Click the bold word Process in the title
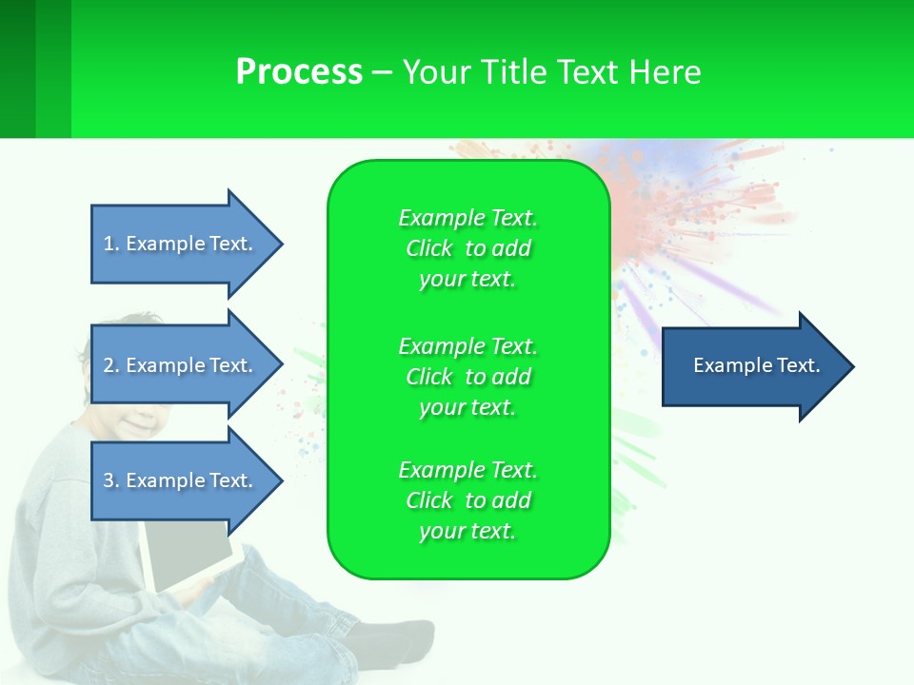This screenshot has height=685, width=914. pos(299,72)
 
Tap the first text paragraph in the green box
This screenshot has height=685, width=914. pos(467,248)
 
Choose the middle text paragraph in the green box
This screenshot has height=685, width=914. pos(467,377)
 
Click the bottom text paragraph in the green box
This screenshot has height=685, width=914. pos(467,500)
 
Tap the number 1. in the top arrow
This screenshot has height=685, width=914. pos(111,244)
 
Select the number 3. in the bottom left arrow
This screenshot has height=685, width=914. pos(111,480)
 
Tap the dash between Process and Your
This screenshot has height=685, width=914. pos(382,72)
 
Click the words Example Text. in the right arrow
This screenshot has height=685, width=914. pos(757,365)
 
